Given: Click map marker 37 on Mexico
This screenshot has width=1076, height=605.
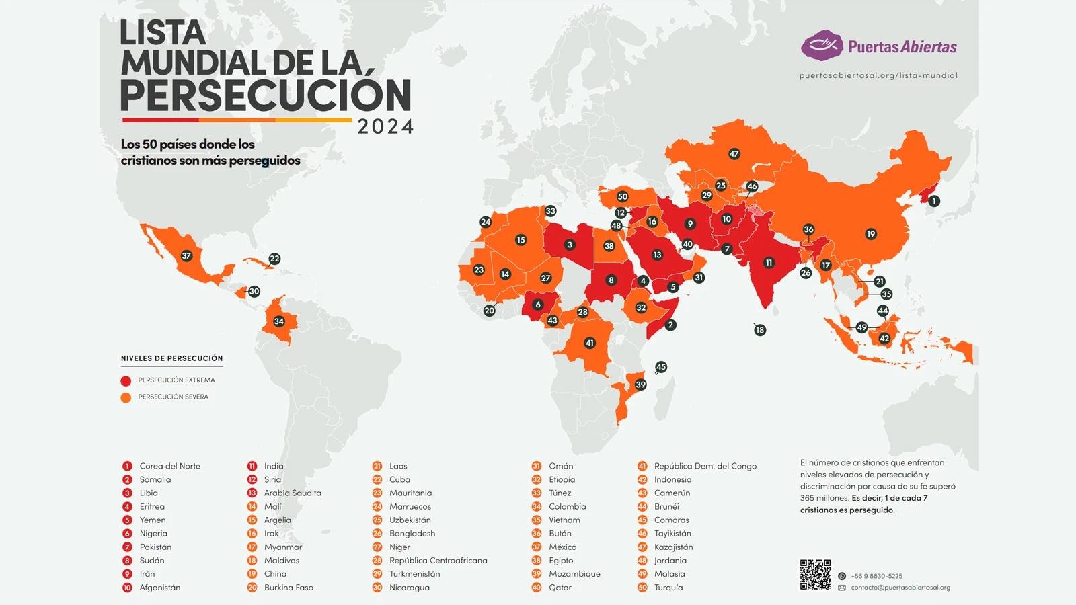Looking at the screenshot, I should [x=186, y=256].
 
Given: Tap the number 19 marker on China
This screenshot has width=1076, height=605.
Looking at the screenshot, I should [x=871, y=234].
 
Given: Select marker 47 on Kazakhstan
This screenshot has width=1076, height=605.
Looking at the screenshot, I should [x=734, y=154].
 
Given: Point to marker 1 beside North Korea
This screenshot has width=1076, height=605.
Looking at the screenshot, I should [x=933, y=201].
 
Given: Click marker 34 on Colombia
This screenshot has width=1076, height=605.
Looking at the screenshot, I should [x=278, y=321].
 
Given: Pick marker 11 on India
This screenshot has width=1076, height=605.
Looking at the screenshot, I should [x=769, y=263].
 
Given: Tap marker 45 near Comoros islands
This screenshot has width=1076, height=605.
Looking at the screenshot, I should [x=661, y=367].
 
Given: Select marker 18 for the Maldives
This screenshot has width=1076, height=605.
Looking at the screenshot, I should [x=760, y=330].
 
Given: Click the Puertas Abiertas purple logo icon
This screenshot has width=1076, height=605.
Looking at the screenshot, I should [x=822, y=46].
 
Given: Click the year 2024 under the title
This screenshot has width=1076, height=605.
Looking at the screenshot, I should [x=385, y=126].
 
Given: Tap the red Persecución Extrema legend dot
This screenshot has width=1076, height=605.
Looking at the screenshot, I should [x=126, y=380].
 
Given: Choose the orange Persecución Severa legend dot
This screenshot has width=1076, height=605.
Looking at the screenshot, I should [x=126, y=397].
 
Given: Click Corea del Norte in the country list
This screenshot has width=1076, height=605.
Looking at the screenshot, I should [x=169, y=466].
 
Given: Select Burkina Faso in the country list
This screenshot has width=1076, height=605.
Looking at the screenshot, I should [x=289, y=587].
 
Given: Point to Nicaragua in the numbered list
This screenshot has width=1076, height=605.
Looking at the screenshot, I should [x=409, y=587].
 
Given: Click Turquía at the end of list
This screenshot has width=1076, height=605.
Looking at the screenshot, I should [x=668, y=587].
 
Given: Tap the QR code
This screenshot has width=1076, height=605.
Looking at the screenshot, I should [x=815, y=575].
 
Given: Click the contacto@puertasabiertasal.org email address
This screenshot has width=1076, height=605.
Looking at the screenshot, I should [x=900, y=588].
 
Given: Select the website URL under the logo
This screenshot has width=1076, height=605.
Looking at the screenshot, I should [x=878, y=75].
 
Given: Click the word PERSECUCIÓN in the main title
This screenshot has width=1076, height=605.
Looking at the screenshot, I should [x=266, y=95].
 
